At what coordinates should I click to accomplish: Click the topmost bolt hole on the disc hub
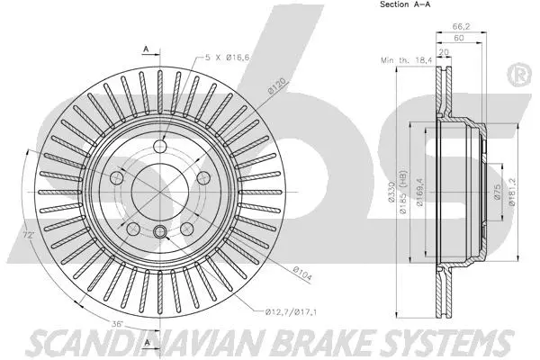[x=161, y=148]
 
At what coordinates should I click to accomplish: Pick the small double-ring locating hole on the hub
[x=161, y=233]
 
